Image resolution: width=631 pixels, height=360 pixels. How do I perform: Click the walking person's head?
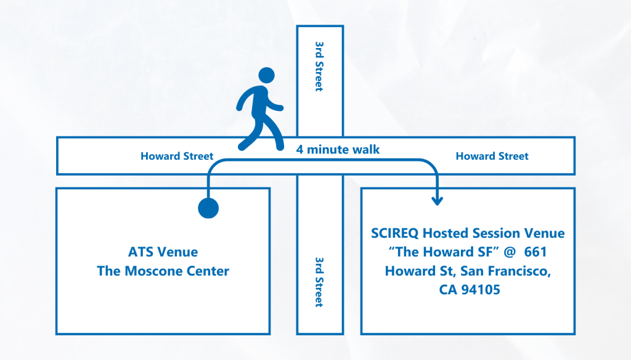coord(266,76)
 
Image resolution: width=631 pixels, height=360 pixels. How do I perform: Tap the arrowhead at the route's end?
coord(438,200)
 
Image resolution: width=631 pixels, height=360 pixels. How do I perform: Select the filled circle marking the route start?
coord(208,208)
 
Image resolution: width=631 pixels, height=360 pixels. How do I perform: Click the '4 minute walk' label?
coord(338,149)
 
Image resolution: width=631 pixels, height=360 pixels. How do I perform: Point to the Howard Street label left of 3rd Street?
coord(177,156)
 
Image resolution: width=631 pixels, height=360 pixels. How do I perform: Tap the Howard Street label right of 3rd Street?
coord(492,156)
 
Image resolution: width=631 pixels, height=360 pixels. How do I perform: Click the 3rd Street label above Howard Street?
coord(319,66)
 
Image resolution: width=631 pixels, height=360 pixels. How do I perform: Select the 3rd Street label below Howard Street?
coord(319,282)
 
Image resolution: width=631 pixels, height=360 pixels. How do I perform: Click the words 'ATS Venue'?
coord(163,252)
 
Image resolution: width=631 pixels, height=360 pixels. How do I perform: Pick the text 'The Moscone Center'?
coord(163,271)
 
